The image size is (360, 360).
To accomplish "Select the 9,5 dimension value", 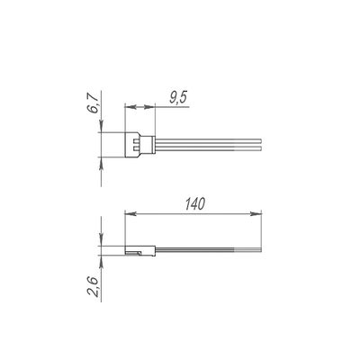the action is [178, 98].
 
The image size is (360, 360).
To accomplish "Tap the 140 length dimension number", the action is [195, 204].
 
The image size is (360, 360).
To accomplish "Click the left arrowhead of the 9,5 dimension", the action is [130, 107].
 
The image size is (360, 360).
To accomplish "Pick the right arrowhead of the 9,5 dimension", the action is [149, 107].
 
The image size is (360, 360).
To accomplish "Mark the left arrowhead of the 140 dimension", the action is [130, 213].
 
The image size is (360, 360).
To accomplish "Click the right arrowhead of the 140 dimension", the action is [256, 213].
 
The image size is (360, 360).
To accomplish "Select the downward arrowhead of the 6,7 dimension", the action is [101, 126].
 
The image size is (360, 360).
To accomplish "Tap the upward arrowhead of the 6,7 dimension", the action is [101, 163].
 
